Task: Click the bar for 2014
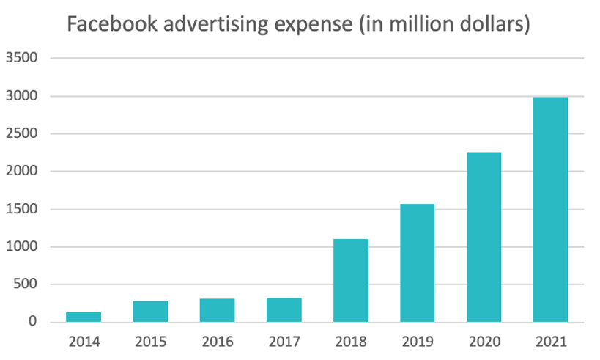84,317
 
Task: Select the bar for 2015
150,312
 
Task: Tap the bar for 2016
217,310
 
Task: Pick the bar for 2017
284,309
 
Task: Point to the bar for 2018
350,280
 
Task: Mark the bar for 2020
484,237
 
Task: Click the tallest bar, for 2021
550,210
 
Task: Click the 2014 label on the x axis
84,341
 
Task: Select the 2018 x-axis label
350,341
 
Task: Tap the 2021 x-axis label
550,341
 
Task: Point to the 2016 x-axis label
217,341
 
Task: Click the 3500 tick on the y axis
21,58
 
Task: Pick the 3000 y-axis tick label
21,96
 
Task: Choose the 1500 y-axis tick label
21,209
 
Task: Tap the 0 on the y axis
33,322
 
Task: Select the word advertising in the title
207,24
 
